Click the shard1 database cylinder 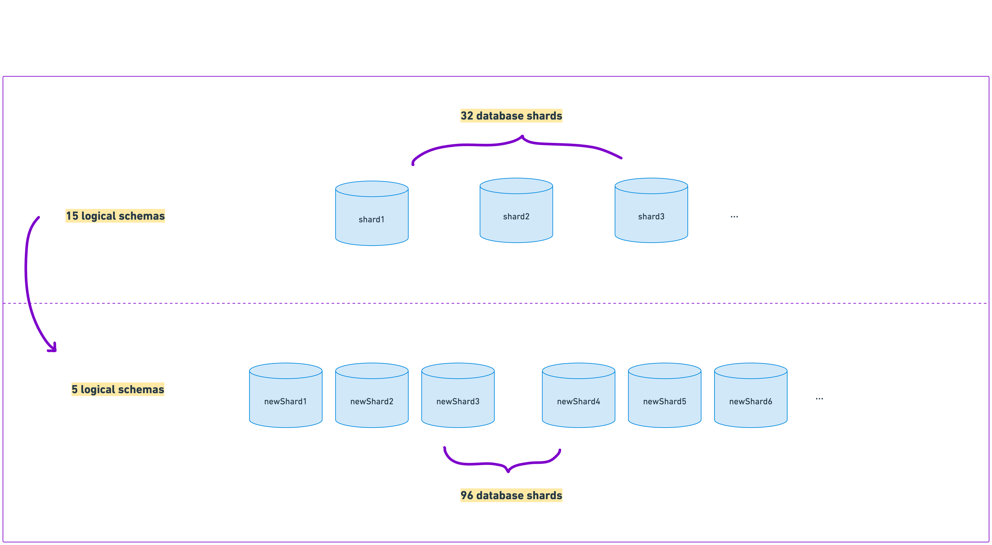pyautogui.click(x=372, y=214)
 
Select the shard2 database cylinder pyautogui.click(x=516, y=211)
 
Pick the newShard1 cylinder pyautogui.click(x=285, y=396)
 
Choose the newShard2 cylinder pyautogui.click(x=372, y=396)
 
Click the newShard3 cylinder pyautogui.click(x=458, y=396)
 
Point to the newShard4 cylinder pyautogui.click(x=578, y=396)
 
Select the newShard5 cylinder pyautogui.click(x=665, y=396)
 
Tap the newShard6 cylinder pyautogui.click(x=750, y=396)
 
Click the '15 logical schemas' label pyautogui.click(x=115, y=216)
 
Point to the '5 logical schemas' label pyautogui.click(x=118, y=389)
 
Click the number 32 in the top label pyautogui.click(x=467, y=116)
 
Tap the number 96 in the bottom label pyautogui.click(x=467, y=495)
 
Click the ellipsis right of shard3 pyautogui.click(x=734, y=217)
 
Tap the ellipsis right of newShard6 pyautogui.click(x=819, y=398)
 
